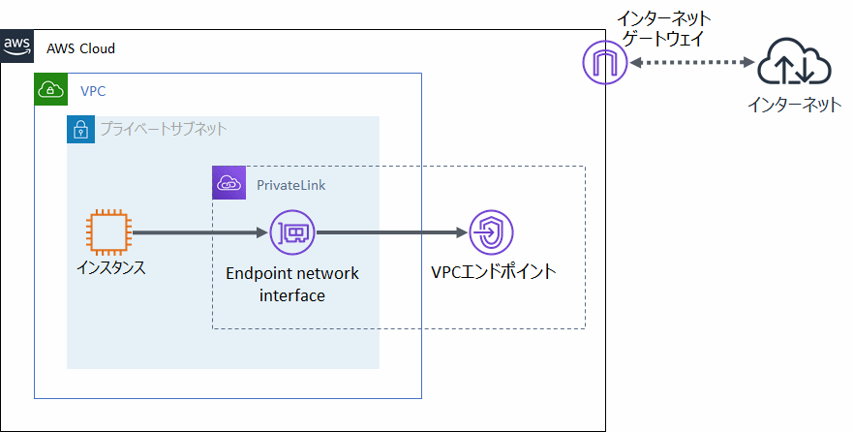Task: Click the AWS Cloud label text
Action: point(81,48)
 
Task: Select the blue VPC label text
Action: point(93,91)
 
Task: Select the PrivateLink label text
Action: point(286,184)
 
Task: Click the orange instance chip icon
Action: point(107,233)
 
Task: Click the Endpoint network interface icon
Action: point(291,233)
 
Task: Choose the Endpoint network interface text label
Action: point(292,284)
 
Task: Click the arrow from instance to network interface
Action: point(198,233)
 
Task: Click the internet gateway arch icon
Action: point(604,63)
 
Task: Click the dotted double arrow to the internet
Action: point(691,63)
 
